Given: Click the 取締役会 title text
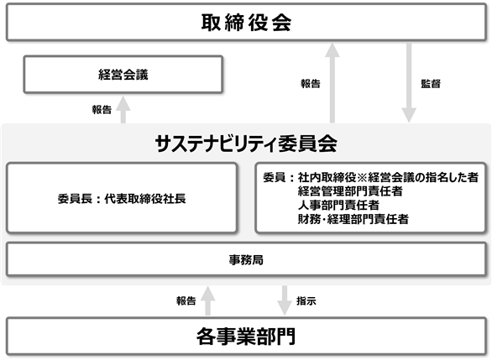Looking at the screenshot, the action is click(246, 23).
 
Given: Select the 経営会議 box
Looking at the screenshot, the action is click(123, 75).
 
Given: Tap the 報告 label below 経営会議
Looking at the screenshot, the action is click(102, 109).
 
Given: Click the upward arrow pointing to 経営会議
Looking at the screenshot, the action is click(123, 109).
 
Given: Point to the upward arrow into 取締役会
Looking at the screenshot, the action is click(332, 83).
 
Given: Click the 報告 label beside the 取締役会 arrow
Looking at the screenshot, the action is click(311, 83).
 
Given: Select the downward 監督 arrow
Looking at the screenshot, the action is click(409, 83).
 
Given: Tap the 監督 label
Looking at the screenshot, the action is click(431, 83).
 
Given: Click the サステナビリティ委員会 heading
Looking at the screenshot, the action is click(246, 144).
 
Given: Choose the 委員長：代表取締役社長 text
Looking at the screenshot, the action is click(122, 199).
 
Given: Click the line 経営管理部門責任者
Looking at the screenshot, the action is click(350, 191).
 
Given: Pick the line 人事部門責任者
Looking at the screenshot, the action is click(338, 205).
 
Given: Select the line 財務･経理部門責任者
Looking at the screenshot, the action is click(353, 219).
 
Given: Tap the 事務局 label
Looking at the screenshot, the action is click(246, 259).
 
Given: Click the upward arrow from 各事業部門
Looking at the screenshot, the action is click(207, 300).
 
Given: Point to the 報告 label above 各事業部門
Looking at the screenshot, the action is click(186, 300).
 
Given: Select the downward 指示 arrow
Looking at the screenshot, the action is click(285, 300).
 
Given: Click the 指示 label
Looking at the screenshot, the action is click(306, 300).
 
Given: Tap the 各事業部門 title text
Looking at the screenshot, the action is click(246, 337).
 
